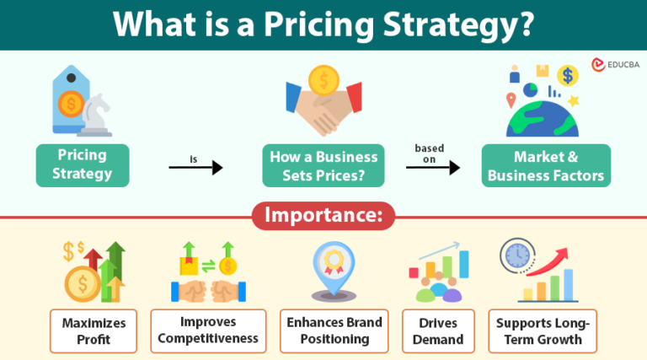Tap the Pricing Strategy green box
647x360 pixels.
tap(83, 165)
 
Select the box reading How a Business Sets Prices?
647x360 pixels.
tap(323, 165)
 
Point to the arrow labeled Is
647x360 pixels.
tap(195, 168)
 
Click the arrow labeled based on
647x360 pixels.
tap(433, 167)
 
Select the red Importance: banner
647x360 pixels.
tap(323, 215)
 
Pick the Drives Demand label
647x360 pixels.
tap(438, 331)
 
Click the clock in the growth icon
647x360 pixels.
tap(516, 255)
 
